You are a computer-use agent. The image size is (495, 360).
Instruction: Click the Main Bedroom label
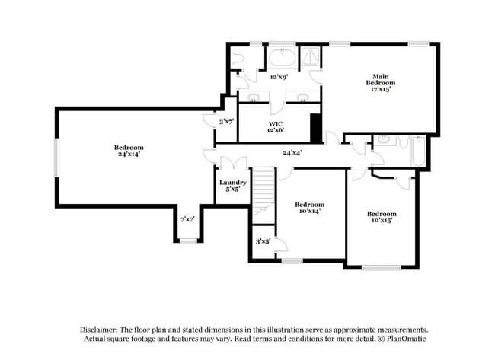coord(381,82)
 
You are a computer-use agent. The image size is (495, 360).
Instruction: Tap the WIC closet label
coord(276,126)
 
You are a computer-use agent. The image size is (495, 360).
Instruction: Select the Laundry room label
coord(232,183)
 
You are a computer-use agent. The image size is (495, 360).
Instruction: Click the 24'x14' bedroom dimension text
coord(129,155)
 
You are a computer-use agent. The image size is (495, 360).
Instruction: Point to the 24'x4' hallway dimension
coord(292,153)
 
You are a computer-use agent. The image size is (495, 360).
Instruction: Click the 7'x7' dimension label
coord(187,219)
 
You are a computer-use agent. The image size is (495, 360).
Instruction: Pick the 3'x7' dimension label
coord(225,121)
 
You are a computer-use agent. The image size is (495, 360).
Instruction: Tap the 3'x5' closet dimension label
coord(263,241)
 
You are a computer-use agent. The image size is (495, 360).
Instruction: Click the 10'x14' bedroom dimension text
coord(308,212)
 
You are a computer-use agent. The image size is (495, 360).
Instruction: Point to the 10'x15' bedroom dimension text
coord(380,221)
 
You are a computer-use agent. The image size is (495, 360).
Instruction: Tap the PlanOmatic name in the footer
coord(407,339)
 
